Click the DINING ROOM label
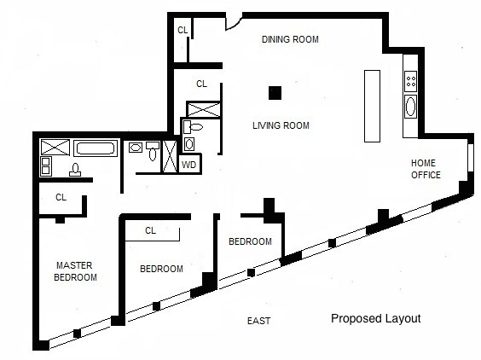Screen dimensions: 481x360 click(290, 39)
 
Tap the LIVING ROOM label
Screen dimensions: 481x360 click(281, 125)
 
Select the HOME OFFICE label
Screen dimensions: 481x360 click(426, 169)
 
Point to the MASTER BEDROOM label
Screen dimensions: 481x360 click(75, 271)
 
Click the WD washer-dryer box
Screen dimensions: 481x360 click(189, 164)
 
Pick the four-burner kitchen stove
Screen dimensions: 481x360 click(410, 81)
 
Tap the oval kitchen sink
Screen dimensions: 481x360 click(410, 107)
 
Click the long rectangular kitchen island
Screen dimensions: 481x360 click(372, 106)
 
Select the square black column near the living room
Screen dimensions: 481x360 click(275, 93)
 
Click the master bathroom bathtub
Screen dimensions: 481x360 click(96, 148)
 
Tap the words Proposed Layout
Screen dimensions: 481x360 click(376, 318)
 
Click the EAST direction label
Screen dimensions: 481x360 click(258, 321)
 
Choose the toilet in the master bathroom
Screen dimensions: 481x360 click(75, 170)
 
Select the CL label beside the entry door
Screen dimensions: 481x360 click(183, 30)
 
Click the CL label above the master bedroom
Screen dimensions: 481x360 click(61, 197)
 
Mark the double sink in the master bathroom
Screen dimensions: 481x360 click(46, 166)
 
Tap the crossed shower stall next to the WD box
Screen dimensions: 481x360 click(170, 156)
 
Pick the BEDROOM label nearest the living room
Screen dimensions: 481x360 click(250, 241)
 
